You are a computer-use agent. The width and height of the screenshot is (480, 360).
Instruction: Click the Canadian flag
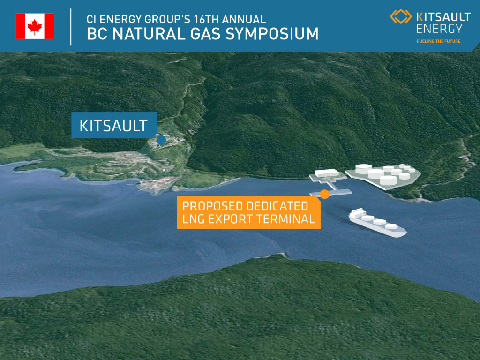(35, 26)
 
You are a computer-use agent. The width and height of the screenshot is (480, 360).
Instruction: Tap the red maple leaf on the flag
(35, 26)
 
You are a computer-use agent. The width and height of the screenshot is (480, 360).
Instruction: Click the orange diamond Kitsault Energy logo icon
(401, 16)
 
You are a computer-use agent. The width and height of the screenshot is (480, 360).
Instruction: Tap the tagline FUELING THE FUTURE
(438, 41)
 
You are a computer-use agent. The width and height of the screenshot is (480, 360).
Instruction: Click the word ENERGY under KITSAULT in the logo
(439, 29)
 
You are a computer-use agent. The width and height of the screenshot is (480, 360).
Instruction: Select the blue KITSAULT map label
(114, 125)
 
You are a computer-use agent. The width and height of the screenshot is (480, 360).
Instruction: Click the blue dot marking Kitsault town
(161, 140)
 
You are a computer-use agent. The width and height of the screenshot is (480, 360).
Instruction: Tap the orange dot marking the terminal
(324, 194)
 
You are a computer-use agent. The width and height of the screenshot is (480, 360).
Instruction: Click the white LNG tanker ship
(377, 223)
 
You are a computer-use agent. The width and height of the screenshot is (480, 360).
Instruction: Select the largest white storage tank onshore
(364, 169)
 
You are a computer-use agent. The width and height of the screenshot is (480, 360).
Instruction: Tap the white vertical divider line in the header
(71, 27)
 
